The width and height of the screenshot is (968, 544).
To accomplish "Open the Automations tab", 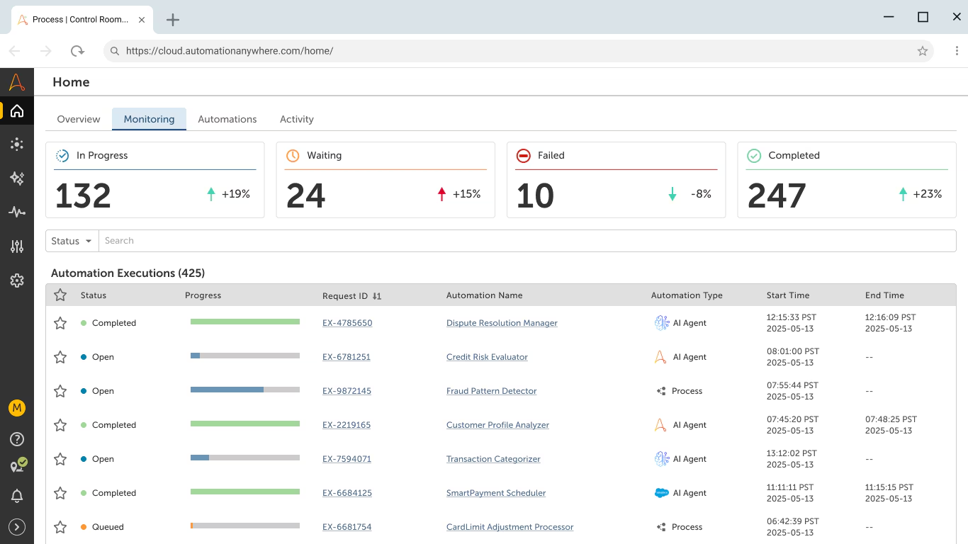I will coord(227,119).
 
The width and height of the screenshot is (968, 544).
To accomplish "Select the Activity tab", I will coord(296,119).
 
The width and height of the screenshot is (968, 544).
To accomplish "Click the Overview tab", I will coord(79,119).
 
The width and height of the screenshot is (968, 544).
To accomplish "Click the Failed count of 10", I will coord(535,195).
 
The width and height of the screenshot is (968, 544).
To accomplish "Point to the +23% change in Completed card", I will coord(927,194).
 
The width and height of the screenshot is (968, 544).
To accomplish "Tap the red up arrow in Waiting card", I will coord(442,194).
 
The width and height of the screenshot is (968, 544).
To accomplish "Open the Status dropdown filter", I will coord(72,241).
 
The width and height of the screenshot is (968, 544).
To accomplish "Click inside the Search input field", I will coord(524,241).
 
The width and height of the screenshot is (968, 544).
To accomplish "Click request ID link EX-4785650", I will coord(347,323).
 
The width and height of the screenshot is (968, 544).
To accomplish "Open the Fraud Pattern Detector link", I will coord(491,391).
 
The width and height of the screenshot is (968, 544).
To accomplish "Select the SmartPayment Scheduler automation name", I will coord(496,493).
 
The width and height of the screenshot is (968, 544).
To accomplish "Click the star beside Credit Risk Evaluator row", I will coord(60,357).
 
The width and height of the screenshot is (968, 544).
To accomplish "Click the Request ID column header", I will coord(345,295).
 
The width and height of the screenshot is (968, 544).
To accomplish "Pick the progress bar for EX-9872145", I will coord(244,390).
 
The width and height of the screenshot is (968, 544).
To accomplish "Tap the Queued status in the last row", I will coord(107,527).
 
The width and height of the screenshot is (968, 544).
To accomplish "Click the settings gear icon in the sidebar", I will coord(17,280).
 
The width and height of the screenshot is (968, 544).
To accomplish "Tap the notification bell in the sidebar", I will coord(17,497).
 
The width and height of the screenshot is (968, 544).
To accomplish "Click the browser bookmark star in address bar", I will coord(922,51).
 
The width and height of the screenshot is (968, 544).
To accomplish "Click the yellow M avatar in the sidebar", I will coord(17,408).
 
